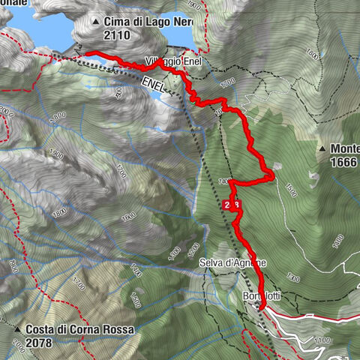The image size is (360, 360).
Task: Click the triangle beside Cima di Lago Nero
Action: click(x=95, y=22)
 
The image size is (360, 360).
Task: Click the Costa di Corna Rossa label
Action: click(x=79, y=329)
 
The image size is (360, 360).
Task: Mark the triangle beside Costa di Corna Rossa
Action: click(x=16, y=329)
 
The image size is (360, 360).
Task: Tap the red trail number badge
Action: click(x=232, y=204)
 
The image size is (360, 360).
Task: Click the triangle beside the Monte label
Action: click(x=322, y=148)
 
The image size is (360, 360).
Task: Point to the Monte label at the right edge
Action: click(x=343, y=148)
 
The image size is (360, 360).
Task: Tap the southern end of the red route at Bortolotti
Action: click(x=259, y=306)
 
